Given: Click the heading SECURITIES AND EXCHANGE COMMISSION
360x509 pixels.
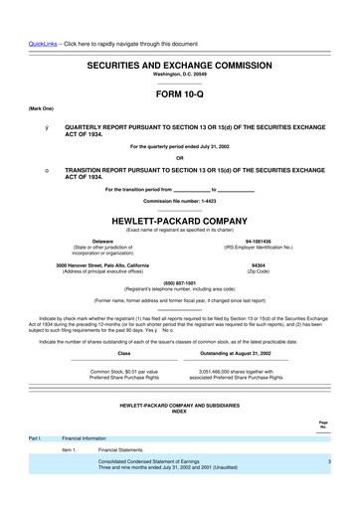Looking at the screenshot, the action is [x=180, y=63].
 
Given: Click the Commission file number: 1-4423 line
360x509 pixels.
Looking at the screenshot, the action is [x=180, y=201].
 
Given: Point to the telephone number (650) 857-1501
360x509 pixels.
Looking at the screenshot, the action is [x=180, y=280].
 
